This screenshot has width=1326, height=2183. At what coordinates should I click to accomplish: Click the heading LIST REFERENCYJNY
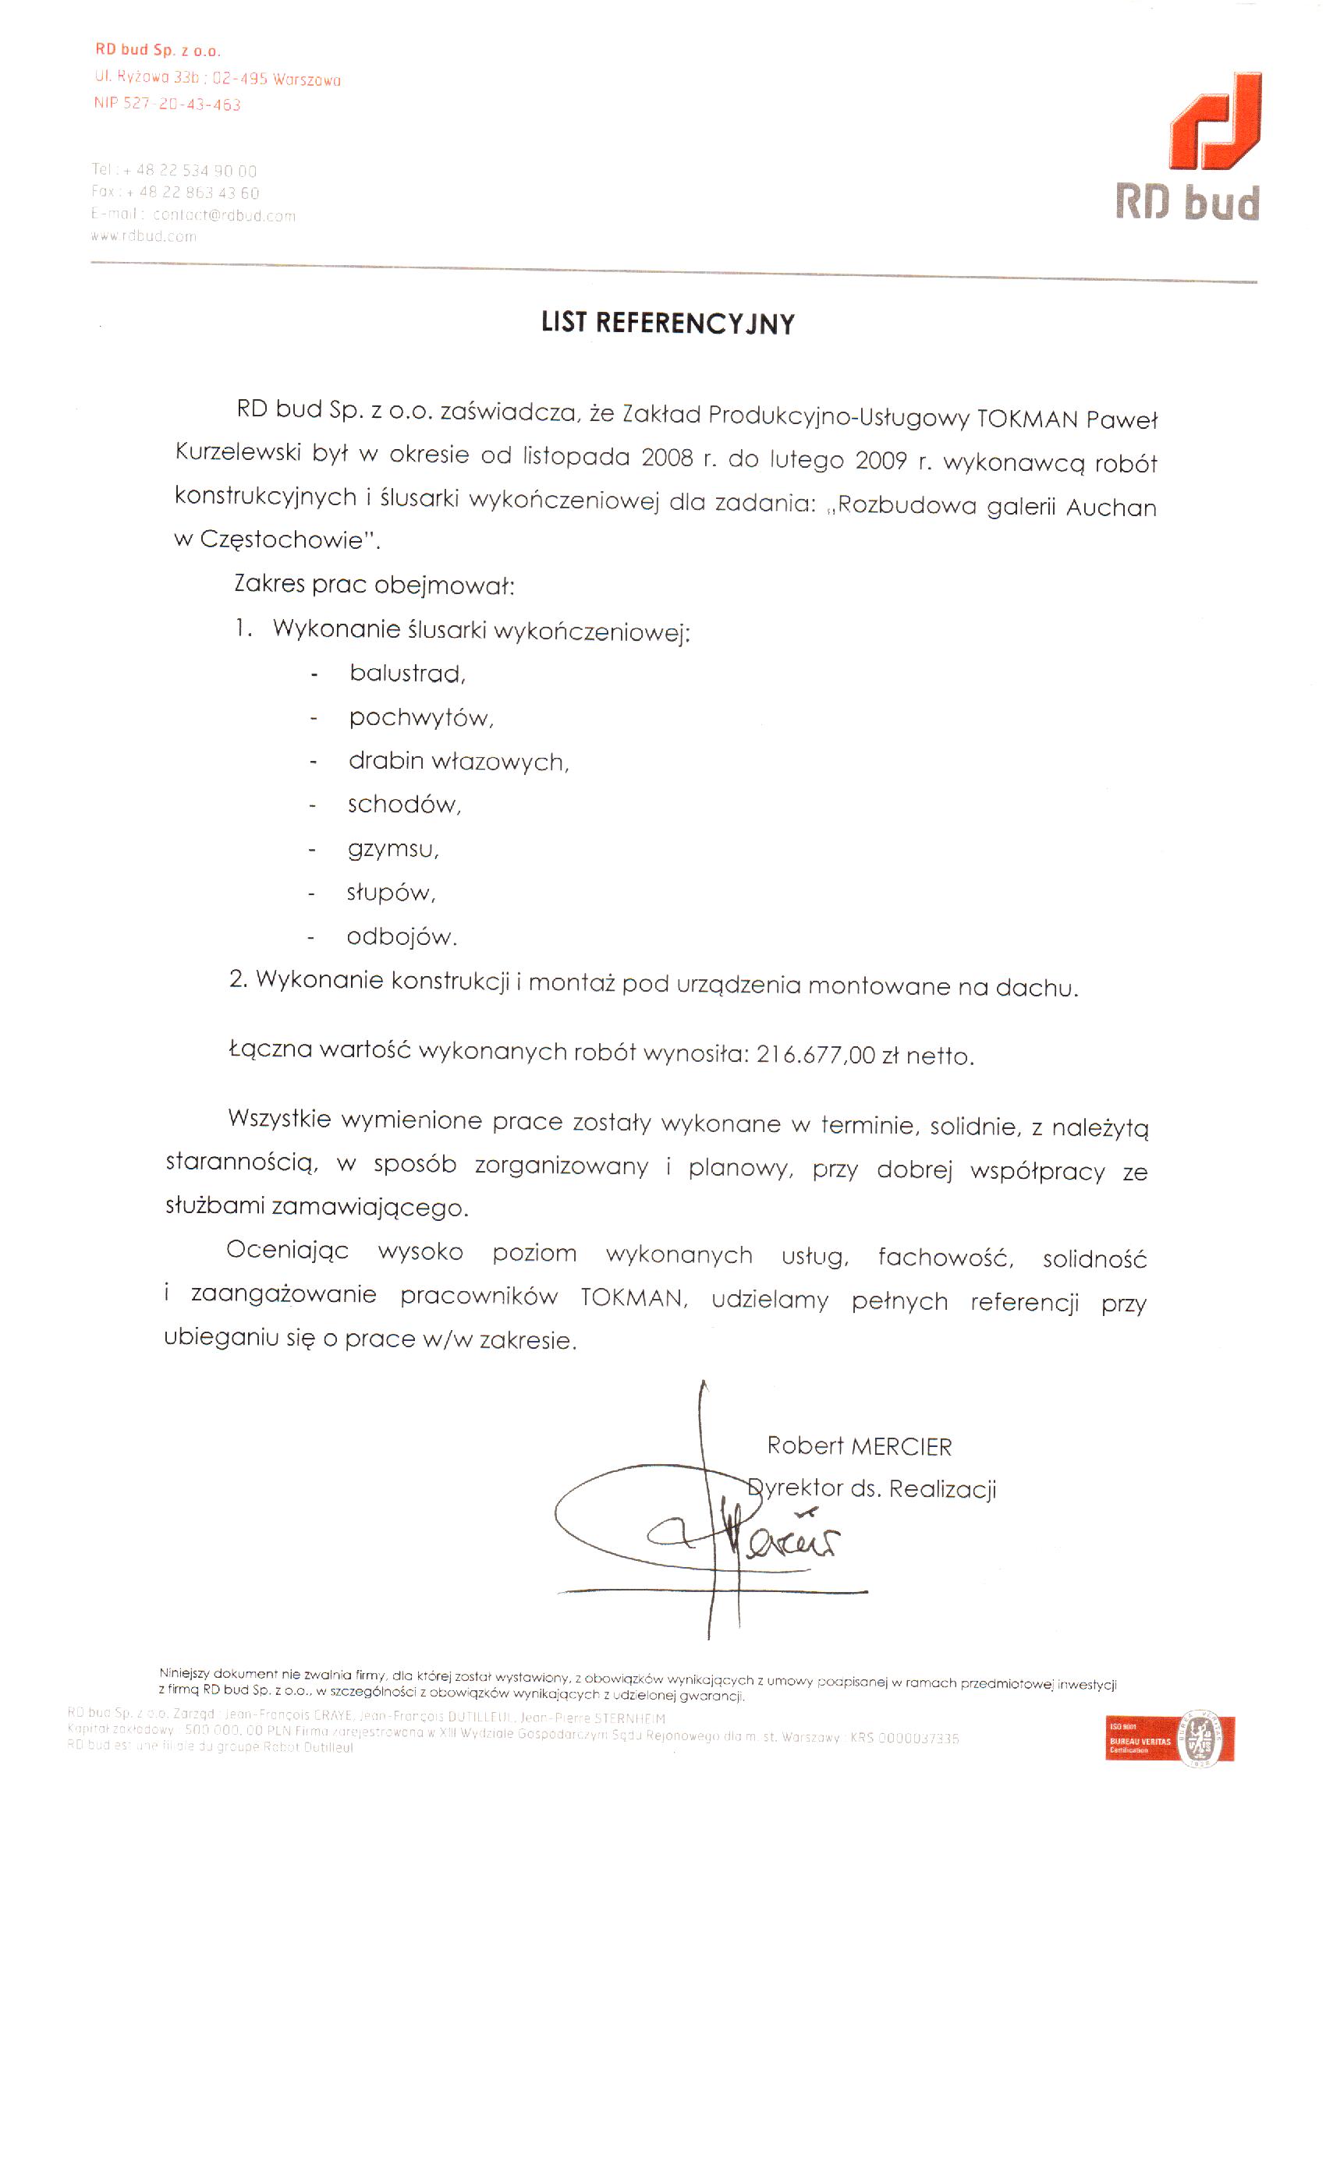(x=668, y=323)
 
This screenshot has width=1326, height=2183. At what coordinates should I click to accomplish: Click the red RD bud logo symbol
(x=1215, y=122)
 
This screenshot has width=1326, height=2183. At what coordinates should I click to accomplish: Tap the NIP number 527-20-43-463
(x=182, y=104)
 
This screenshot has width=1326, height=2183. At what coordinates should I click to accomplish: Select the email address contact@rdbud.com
(x=225, y=215)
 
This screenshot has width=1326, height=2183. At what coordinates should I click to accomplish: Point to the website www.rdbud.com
(x=144, y=236)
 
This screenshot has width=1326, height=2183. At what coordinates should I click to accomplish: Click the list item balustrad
(x=407, y=674)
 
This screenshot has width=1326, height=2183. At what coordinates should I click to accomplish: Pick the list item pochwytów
(x=420, y=717)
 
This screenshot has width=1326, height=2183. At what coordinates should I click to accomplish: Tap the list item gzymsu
(x=392, y=849)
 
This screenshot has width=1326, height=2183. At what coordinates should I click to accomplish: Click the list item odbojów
(x=401, y=936)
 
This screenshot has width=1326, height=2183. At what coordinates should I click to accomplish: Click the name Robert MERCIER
(x=859, y=1446)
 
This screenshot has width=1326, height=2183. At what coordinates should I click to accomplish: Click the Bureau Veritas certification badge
(x=1169, y=1739)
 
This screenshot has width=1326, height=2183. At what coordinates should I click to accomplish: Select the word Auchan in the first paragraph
(x=1111, y=508)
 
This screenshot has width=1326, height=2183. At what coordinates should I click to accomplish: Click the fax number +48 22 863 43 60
(x=199, y=193)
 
